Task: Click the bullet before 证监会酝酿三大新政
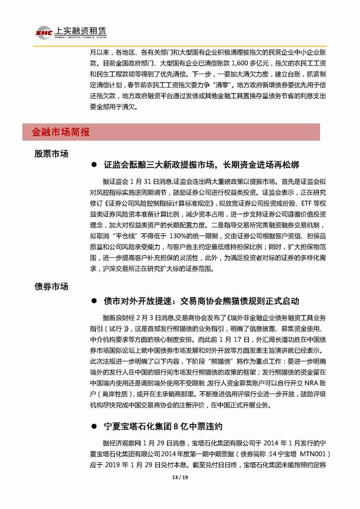tap(94, 165)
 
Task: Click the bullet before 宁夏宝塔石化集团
tap(94, 426)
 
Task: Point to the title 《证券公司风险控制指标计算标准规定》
tap(161, 203)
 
